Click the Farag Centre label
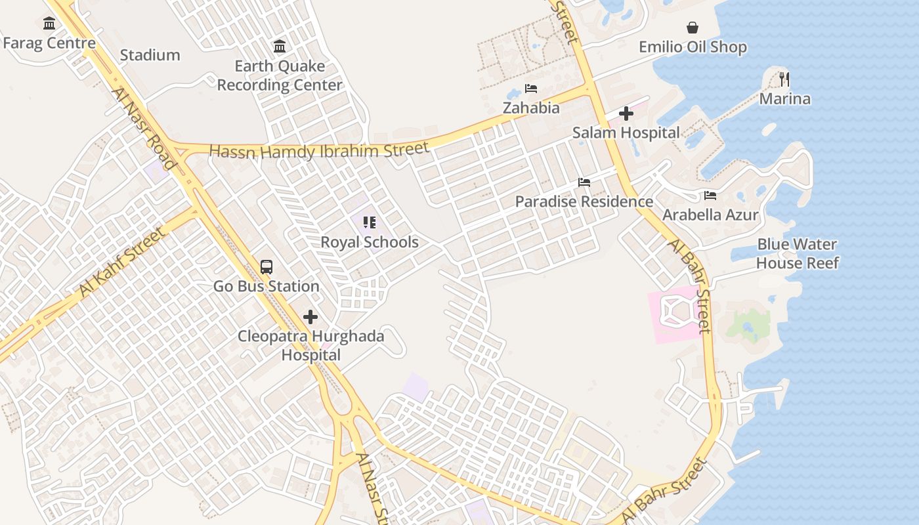[49, 43]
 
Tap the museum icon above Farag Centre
[49, 24]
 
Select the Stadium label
[150, 55]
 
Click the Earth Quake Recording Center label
[280, 75]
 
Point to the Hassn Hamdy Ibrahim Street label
[319, 151]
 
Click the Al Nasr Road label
[144, 129]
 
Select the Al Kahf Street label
[122, 261]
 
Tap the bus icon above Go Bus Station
[267, 267]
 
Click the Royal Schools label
[370, 242]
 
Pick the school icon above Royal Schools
[370, 222]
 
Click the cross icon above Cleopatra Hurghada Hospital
[310, 318]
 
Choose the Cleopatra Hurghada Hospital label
[311, 346]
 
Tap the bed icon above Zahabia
[531, 89]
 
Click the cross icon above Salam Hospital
[626, 114]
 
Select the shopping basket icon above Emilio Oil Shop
[693, 28]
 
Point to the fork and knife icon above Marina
[784, 79]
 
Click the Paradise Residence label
[584, 201]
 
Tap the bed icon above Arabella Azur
[710, 196]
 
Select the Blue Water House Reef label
[797, 253]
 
